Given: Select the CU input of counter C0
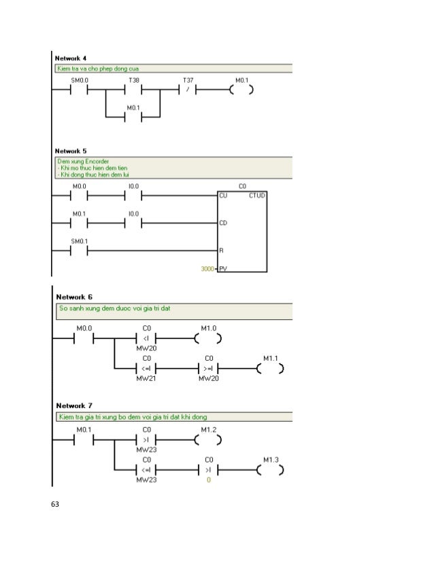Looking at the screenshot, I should [222, 196].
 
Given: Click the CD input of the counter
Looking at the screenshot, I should [222, 223].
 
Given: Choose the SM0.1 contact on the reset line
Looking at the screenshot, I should [80, 250].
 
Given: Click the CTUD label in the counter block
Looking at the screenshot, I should [258, 196].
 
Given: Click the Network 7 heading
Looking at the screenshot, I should [75, 405].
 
